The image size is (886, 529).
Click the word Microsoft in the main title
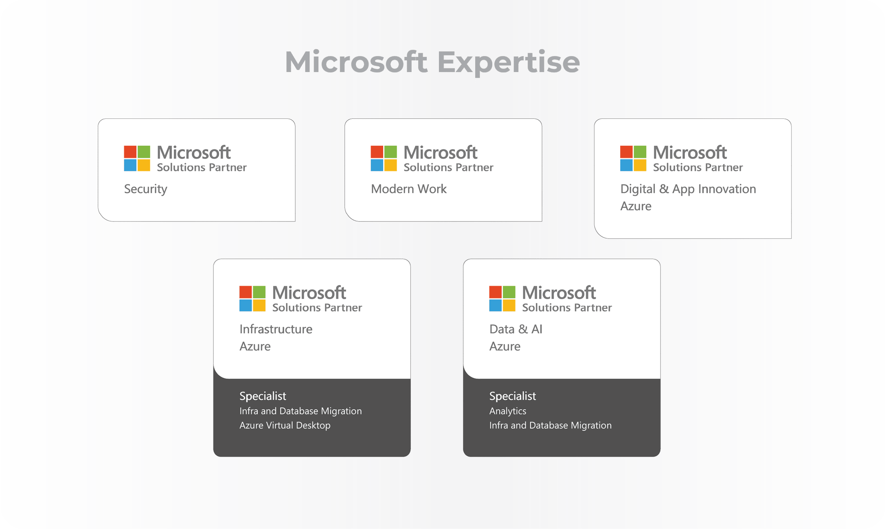(x=356, y=62)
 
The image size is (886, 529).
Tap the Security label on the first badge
(x=145, y=189)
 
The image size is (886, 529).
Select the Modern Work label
(x=408, y=189)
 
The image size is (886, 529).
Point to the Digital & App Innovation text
(x=688, y=189)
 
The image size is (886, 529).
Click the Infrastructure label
(x=276, y=329)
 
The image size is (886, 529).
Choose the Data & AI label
(x=515, y=329)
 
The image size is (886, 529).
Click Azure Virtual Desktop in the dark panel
(x=285, y=425)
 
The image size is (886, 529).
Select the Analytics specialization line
(x=507, y=411)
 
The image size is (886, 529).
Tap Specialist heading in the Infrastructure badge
(x=263, y=396)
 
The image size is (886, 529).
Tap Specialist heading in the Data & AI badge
(x=512, y=396)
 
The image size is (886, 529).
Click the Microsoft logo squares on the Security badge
(x=137, y=158)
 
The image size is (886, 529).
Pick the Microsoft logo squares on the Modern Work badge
(x=384, y=158)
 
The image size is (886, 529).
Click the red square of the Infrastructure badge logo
(x=246, y=292)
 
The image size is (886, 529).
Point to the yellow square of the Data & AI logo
(x=509, y=305)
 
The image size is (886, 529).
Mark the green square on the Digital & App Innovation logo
(x=640, y=152)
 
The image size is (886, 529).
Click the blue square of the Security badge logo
(x=130, y=165)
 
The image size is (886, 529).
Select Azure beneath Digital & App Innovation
(x=636, y=206)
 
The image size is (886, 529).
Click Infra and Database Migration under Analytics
(x=550, y=425)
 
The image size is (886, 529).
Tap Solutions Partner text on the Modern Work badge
(x=448, y=167)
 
